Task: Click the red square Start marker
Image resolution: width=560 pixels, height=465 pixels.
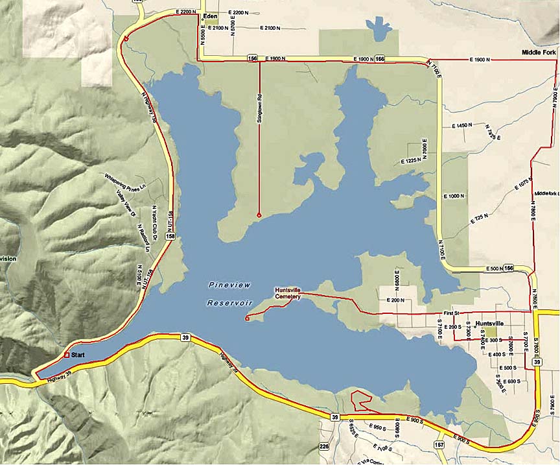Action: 67,355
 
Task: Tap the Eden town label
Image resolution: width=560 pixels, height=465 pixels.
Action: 209,15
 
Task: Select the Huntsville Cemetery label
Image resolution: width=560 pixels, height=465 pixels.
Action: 288,293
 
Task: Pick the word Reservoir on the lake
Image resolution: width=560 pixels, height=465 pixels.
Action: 229,303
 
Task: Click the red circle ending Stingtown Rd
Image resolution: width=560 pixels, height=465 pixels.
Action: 259,215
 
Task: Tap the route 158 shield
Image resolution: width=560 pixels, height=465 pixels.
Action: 170,238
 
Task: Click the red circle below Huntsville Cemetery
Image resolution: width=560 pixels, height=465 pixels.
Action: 248,318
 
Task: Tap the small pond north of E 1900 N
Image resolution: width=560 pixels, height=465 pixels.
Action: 376,29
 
